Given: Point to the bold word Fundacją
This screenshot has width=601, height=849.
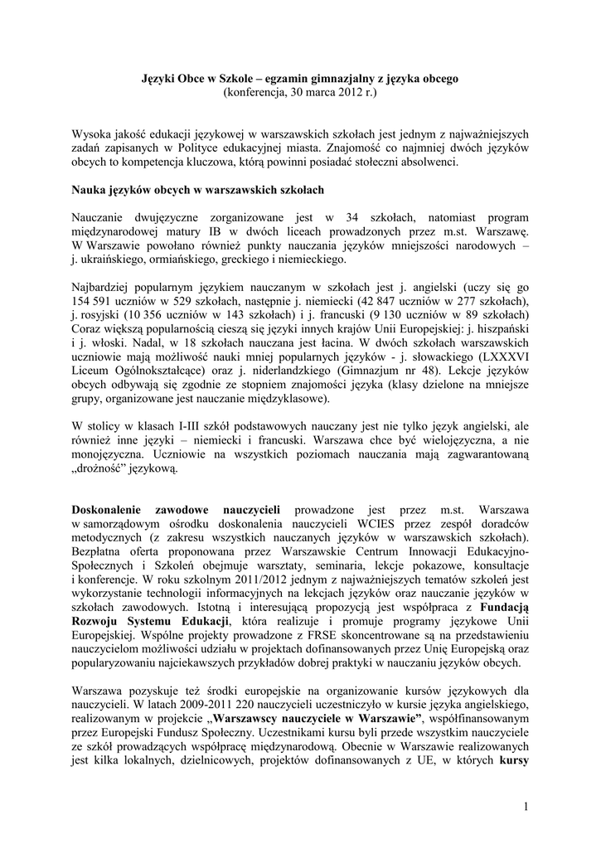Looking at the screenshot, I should [x=502, y=606].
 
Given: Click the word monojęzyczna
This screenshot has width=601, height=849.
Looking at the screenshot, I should [x=111, y=454].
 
